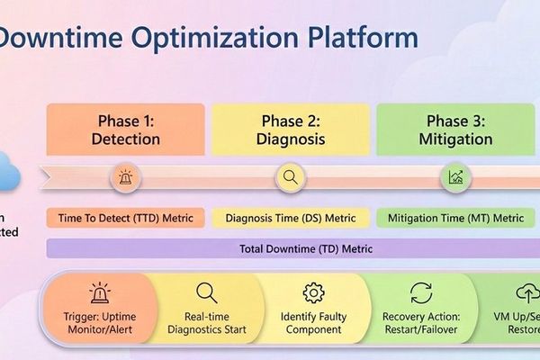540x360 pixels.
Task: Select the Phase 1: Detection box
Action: [x=125, y=130]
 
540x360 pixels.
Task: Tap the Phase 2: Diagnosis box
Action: [x=290, y=130]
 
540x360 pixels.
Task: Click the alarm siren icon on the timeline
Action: [x=124, y=177]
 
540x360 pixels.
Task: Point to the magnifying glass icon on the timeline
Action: [x=290, y=177]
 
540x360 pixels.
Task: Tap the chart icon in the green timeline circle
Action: [x=455, y=177]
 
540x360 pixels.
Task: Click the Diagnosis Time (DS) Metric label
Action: [x=290, y=218]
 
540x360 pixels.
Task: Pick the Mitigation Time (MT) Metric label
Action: [x=455, y=218]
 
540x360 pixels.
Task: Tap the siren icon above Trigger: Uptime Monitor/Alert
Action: [x=99, y=292]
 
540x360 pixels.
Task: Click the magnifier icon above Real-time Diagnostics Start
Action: [x=206, y=292]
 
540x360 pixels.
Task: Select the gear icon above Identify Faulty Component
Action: [x=313, y=292]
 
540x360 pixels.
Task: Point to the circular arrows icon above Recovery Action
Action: [x=420, y=292]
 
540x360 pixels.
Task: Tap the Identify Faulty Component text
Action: [x=313, y=323]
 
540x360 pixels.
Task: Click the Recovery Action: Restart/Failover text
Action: [x=420, y=323]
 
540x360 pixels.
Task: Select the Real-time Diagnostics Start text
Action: [x=206, y=323]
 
